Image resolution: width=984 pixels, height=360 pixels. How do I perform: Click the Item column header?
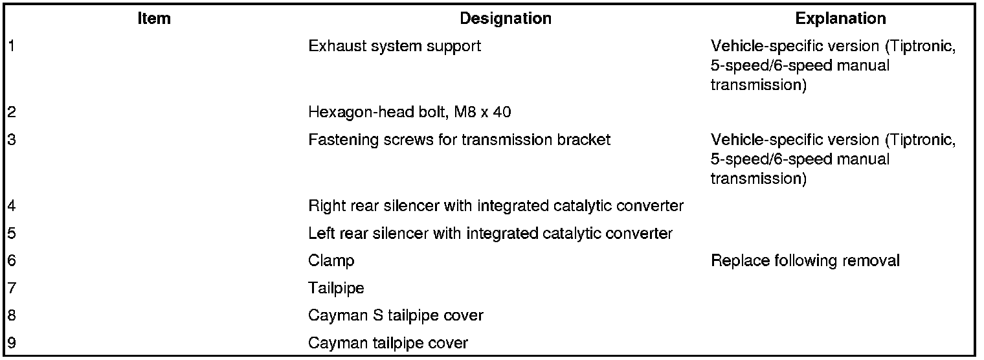[x=154, y=19]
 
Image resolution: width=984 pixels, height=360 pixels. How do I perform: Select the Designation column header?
[x=505, y=19]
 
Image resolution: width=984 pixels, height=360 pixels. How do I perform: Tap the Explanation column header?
[x=840, y=19]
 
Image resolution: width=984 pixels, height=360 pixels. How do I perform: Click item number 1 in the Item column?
[x=11, y=47]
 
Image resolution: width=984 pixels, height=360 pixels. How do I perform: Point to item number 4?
[x=11, y=207]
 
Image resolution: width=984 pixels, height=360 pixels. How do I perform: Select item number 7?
[x=11, y=289]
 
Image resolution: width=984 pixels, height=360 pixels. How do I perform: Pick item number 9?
[x=11, y=343]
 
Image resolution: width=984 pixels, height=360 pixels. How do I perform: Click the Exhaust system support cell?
[x=394, y=47]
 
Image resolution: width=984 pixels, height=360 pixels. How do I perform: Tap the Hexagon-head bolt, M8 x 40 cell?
[x=409, y=112]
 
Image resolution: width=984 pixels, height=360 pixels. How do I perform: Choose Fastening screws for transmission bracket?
[x=459, y=140]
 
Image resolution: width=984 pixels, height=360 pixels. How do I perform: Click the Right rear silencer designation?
[x=496, y=207]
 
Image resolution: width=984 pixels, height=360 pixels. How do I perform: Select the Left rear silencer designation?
[x=490, y=234]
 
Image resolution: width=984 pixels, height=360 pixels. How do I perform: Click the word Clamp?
[x=331, y=261]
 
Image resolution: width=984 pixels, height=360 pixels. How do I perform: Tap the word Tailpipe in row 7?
[x=336, y=289]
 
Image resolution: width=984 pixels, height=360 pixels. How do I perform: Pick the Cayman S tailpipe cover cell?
[x=396, y=316]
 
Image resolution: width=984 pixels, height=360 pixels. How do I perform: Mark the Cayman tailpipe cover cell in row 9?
[x=388, y=343]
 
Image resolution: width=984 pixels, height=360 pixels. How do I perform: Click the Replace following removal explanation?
[x=805, y=261]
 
